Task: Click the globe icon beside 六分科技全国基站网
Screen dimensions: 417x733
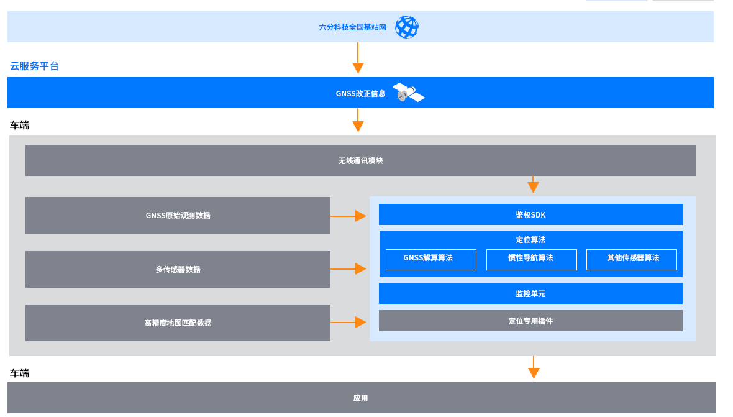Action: [407, 27]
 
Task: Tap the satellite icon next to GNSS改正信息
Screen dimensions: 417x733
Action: [408, 93]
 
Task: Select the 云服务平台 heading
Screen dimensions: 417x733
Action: [35, 66]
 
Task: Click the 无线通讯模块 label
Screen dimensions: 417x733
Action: [360, 161]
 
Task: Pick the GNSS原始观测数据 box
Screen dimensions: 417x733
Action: [178, 216]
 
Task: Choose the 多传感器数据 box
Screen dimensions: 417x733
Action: [178, 270]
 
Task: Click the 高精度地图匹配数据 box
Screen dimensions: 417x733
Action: [178, 323]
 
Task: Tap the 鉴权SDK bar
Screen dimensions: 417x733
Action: [530, 215]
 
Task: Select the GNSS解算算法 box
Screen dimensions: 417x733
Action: [430, 259]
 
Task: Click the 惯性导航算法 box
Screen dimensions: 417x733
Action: [531, 259]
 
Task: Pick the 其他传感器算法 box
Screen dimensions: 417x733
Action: [631, 259]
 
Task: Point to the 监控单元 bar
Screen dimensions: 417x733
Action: [530, 293]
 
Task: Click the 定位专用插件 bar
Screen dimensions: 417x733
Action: [530, 321]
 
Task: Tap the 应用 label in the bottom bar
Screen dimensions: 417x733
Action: [360, 398]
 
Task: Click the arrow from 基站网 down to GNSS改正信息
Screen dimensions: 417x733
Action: [358, 58]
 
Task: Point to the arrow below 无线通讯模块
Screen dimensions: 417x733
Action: [533, 185]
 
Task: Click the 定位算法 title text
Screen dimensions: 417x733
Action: [530, 240]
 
